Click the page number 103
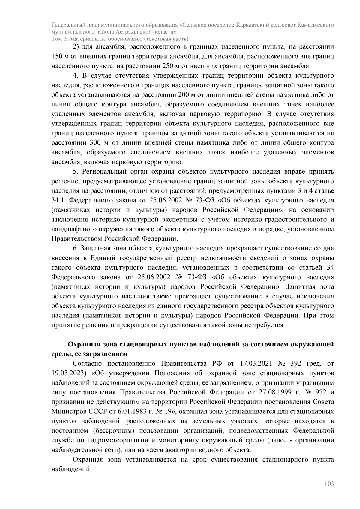(329, 484)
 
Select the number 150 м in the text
(60, 56)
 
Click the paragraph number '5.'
(75, 172)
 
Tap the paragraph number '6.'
(75, 248)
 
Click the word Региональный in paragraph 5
(103, 172)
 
